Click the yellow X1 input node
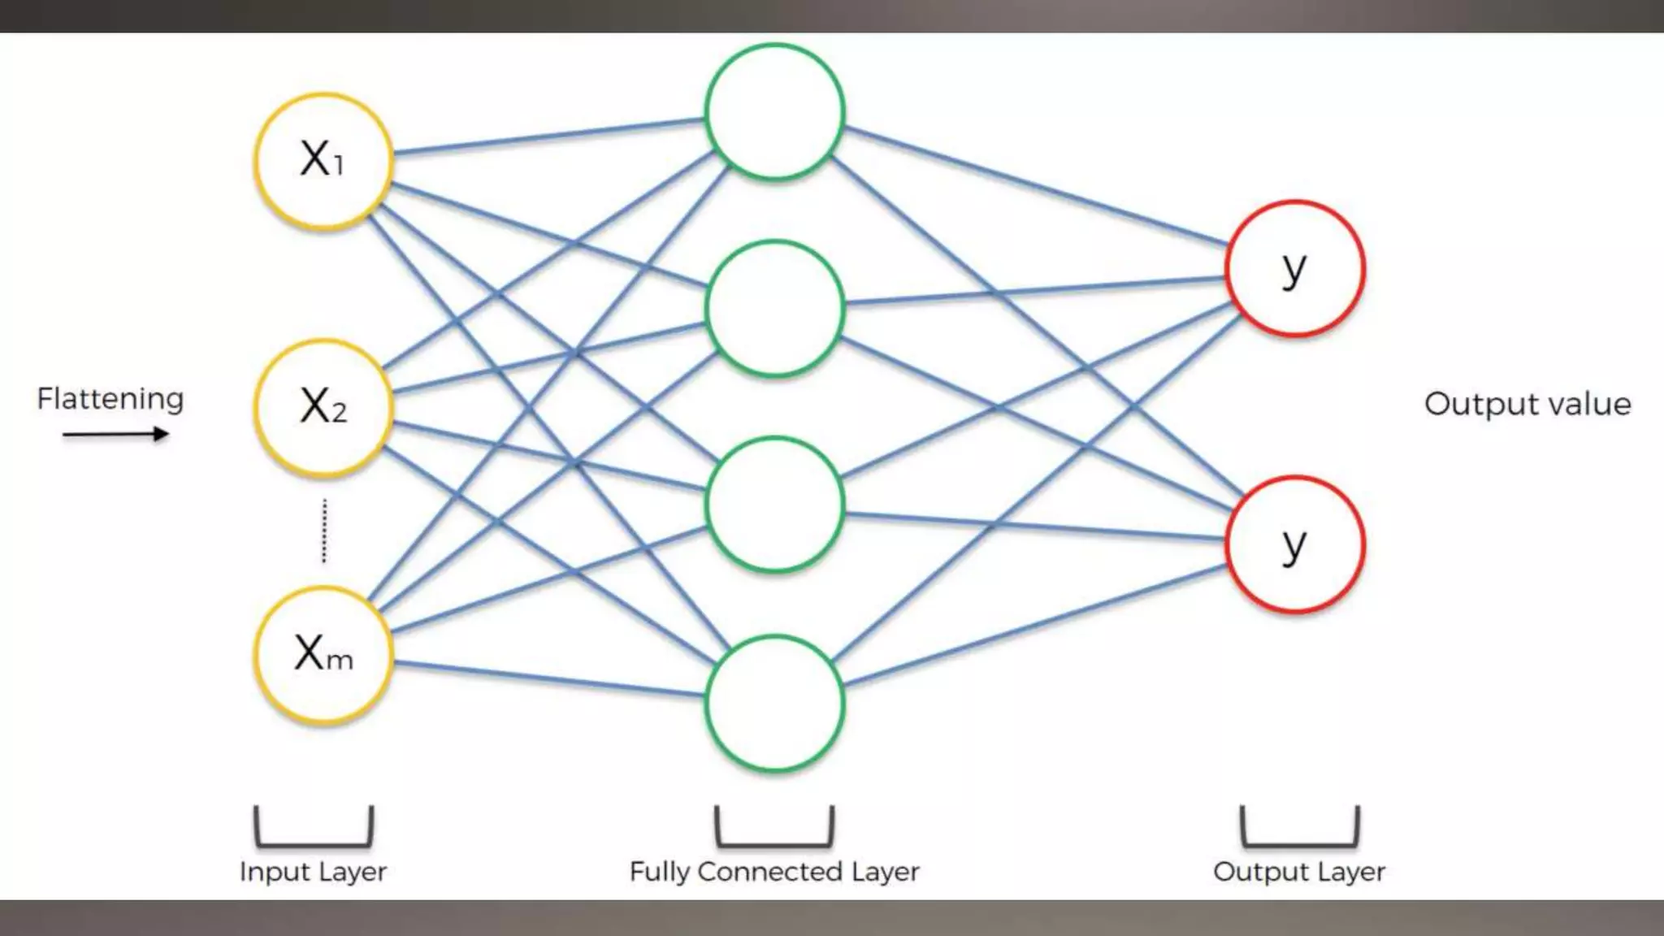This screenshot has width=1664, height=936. pyautogui.click(x=323, y=160)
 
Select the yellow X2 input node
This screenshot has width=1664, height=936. pyautogui.click(x=323, y=406)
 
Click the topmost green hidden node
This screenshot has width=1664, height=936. pyautogui.click(x=774, y=111)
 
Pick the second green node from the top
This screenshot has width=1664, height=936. pyautogui.click(x=774, y=309)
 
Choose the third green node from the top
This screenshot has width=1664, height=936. pyautogui.click(x=774, y=505)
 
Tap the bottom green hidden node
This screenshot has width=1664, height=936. pyautogui.click(x=774, y=703)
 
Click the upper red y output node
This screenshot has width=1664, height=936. pyautogui.click(x=1294, y=268)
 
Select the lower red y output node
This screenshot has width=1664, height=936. pyautogui.click(x=1294, y=544)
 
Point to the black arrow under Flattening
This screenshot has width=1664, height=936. pyautogui.click(x=115, y=435)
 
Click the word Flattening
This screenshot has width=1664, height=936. pyautogui.click(x=110, y=399)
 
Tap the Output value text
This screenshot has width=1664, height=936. pyautogui.click(x=1527, y=404)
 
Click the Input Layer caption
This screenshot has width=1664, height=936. pyautogui.click(x=313, y=872)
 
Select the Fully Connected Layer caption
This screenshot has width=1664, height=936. pyautogui.click(x=774, y=872)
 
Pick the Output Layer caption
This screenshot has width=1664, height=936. pyautogui.click(x=1298, y=872)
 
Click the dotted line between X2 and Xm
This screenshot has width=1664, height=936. pyautogui.click(x=324, y=531)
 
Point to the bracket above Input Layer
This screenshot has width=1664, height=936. pyautogui.click(x=314, y=842)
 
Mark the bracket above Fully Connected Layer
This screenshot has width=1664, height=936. pyautogui.click(x=774, y=842)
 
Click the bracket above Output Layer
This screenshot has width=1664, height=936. pyautogui.click(x=1298, y=842)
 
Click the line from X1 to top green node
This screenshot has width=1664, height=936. pyautogui.click(x=548, y=136)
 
